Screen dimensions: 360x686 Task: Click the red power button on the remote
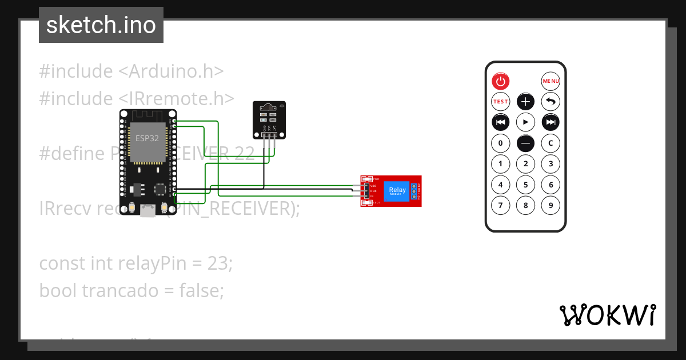pyautogui.click(x=500, y=81)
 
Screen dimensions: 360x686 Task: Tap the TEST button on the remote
pyautogui.click(x=500, y=102)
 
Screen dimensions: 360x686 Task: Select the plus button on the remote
pyautogui.click(x=525, y=102)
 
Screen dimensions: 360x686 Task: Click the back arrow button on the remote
pyautogui.click(x=551, y=102)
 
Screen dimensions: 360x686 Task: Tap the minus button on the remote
pyautogui.click(x=525, y=143)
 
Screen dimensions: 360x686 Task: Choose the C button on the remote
pyautogui.click(x=551, y=143)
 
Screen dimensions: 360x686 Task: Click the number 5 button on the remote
pyautogui.click(x=525, y=185)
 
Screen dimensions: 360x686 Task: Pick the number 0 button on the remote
pyautogui.click(x=500, y=143)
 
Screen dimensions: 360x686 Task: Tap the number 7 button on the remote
pyautogui.click(x=500, y=205)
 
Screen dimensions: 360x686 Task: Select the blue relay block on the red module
pyautogui.click(x=397, y=191)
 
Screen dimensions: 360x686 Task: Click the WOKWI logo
pyautogui.click(x=607, y=315)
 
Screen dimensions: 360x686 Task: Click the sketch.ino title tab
pyautogui.click(x=101, y=25)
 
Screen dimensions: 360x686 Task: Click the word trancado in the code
pyautogui.click(x=120, y=291)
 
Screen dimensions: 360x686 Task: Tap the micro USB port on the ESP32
pyautogui.click(x=148, y=212)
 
